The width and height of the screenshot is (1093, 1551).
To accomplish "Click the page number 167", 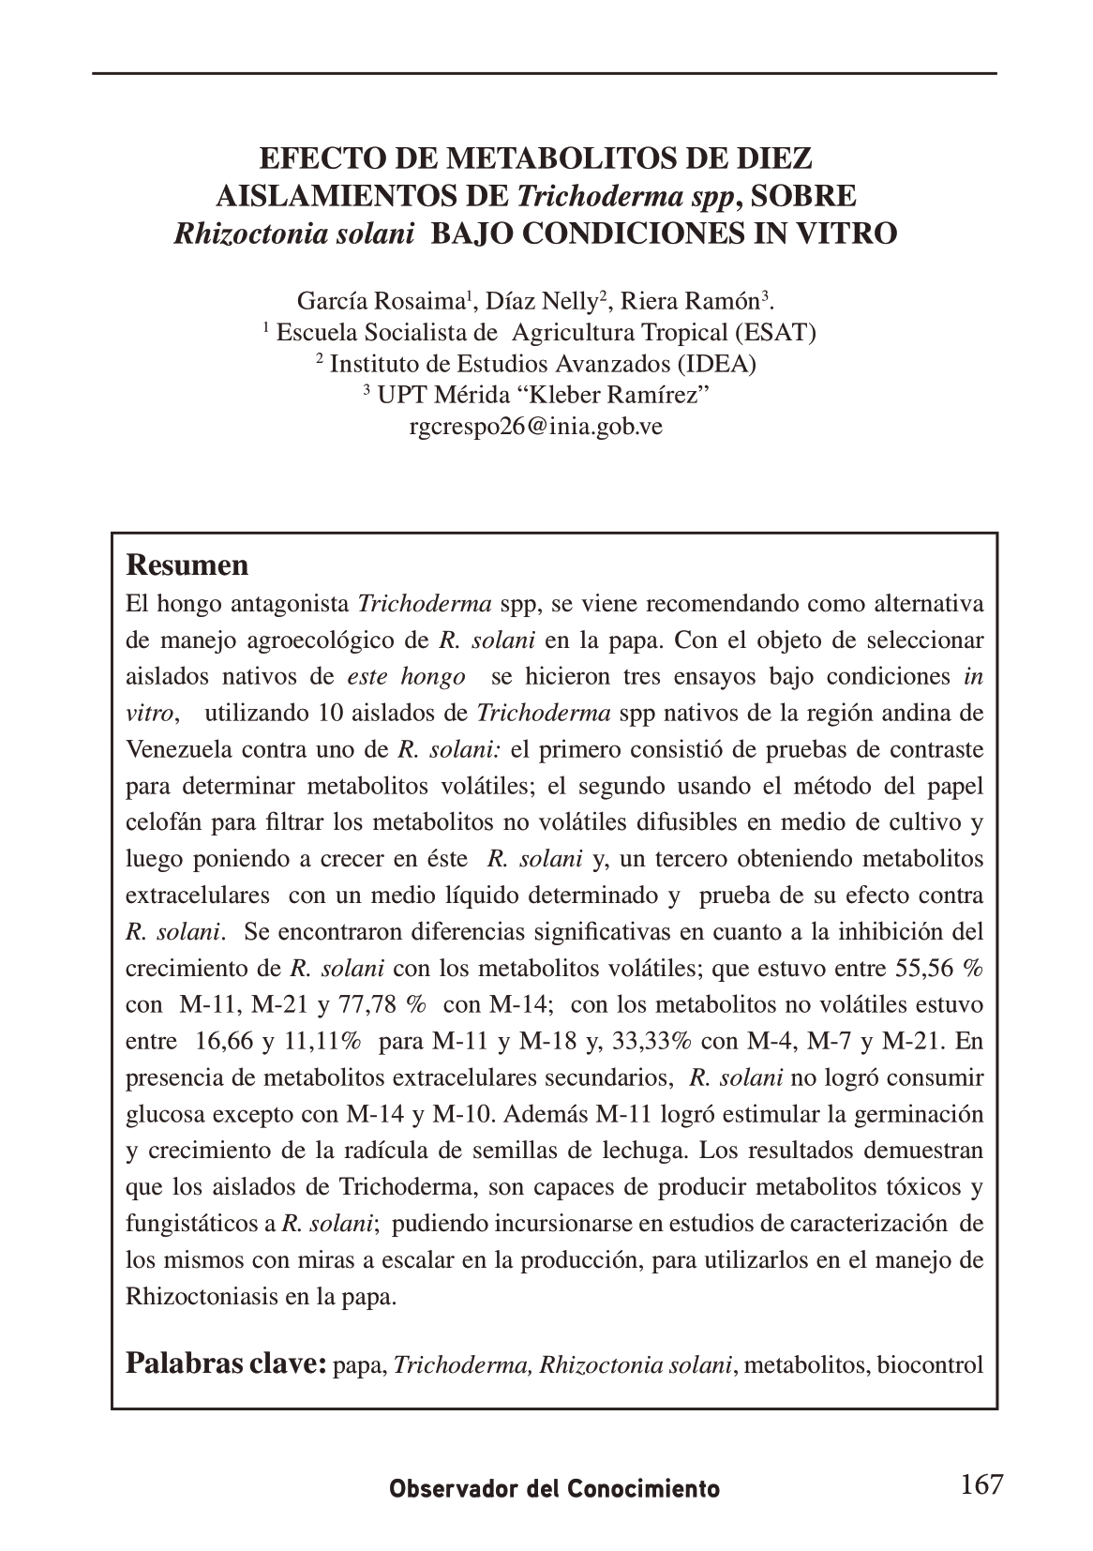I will pos(981,1484).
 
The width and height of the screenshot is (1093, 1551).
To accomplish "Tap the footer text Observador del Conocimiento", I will pos(555,1489).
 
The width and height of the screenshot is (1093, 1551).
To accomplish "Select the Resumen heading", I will pos(187,565).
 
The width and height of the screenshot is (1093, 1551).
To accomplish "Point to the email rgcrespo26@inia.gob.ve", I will pos(536,427).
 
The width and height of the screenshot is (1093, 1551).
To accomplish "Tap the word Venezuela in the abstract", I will pos(178,749).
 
